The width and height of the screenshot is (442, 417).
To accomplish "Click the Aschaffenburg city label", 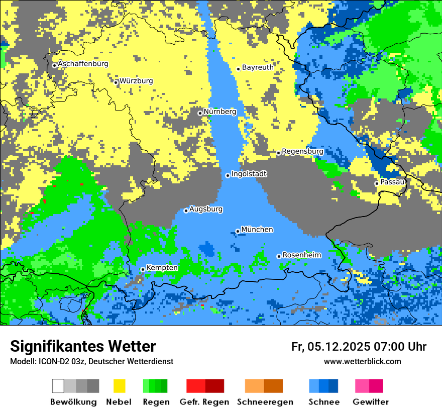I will click(83, 64).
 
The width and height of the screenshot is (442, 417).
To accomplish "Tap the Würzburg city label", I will click(136, 81).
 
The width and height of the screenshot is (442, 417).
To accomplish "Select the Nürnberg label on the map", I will click(219, 112).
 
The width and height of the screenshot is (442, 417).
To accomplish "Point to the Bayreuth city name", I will click(258, 67).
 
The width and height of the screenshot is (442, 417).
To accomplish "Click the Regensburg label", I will click(302, 151).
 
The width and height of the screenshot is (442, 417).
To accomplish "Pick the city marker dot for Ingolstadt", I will click(228, 175).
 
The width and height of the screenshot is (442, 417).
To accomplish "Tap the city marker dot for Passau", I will click(377, 183).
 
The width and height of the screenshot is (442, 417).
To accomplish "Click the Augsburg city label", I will click(206, 209).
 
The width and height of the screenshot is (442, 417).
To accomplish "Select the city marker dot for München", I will click(238, 231).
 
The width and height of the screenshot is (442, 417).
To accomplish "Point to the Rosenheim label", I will click(301, 255).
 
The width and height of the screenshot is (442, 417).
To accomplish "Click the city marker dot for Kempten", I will click(143, 269).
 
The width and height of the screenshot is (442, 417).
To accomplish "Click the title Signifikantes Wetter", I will click(83, 346).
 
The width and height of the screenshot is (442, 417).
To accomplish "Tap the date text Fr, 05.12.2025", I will click(330, 347).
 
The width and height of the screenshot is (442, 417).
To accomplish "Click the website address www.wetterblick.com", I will click(362, 361).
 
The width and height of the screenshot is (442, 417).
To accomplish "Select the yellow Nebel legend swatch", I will click(120, 386).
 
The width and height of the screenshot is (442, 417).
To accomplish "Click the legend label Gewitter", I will click(370, 402).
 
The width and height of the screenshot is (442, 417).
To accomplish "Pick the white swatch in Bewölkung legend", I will click(58, 386).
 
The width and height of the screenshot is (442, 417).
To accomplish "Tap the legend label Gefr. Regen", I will click(204, 402).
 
